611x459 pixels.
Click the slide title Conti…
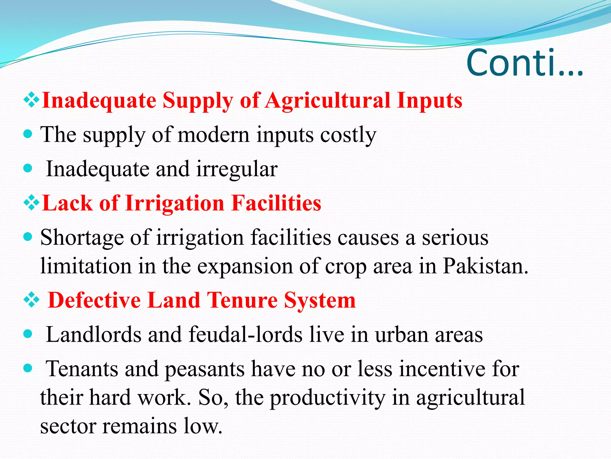coord(524,63)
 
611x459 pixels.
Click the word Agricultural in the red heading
coord(328,100)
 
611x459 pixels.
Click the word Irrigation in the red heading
coord(175,203)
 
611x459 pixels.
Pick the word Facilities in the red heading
coord(276,203)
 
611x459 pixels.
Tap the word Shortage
coord(82,238)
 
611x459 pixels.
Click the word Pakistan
coord(485,266)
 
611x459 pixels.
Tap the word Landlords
coord(94,334)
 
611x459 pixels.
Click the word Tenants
coord(82,369)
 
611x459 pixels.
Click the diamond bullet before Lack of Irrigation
coord(31,204)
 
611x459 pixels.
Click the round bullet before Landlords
coord(27,334)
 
